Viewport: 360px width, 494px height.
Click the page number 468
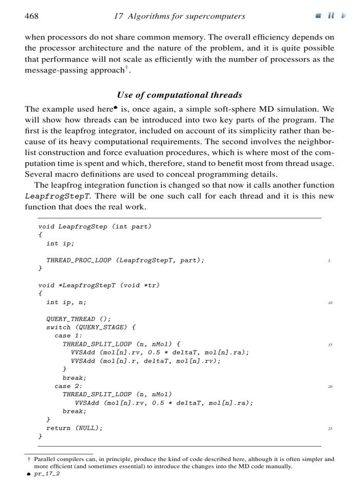[x=31, y=16]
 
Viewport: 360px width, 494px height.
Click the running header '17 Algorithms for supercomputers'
[x=178, y=16]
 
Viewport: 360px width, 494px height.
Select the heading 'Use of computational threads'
[x=179, y=95]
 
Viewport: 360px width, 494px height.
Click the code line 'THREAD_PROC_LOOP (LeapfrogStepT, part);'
[x=125, y=260]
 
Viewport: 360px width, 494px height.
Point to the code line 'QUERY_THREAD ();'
[x=78, y=319]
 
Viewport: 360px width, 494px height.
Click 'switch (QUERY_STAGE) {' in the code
[x=91, y=327]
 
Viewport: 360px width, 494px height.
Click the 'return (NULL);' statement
[x=74, y=428]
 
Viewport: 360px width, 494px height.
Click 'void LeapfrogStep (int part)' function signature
[x=95, y=226]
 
